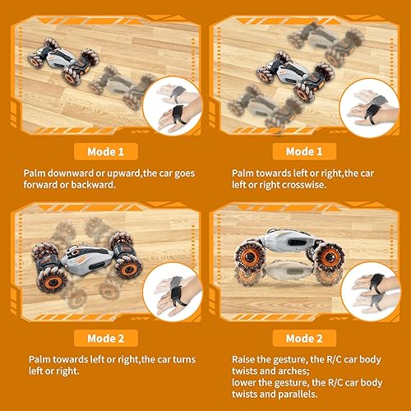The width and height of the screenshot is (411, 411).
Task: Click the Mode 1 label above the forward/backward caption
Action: click(105, 151)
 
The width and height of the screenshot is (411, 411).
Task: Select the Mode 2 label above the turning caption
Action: click(105, 339)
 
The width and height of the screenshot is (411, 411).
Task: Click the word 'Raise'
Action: click(246, 358)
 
